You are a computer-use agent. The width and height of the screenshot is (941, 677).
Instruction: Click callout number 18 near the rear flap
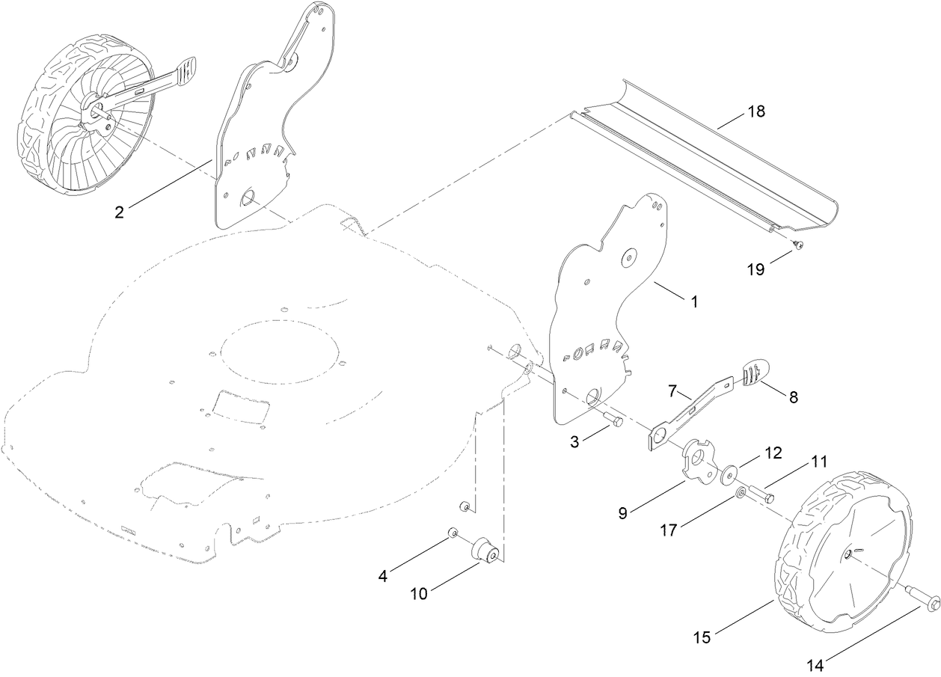click(755, 111)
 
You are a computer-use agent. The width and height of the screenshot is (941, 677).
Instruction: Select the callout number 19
click(755, 269)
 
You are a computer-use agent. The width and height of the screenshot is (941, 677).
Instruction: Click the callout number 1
click(693, 301)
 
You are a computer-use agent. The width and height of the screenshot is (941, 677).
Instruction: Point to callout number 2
click(119, 212)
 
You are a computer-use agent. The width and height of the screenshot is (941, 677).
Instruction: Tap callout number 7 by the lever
click(672, 391)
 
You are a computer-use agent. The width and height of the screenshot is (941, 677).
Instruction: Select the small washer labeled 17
click(740, 492)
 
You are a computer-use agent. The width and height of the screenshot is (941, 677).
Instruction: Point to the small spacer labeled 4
click(453, 532)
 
